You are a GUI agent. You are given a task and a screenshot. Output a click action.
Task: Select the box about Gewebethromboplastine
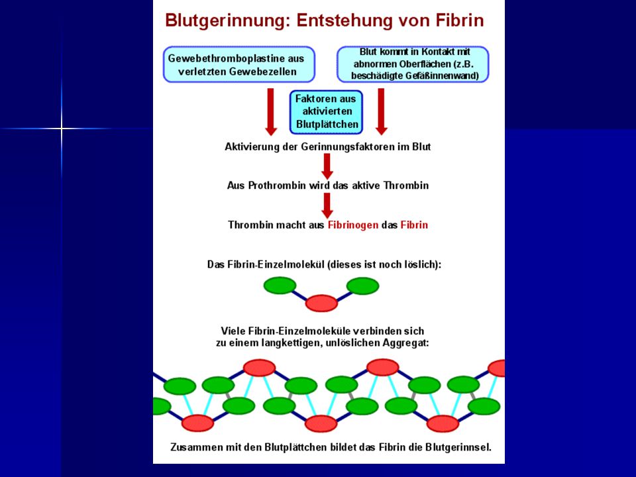coord(239,64)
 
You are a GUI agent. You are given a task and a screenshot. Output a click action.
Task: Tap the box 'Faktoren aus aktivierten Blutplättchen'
coord(326,111)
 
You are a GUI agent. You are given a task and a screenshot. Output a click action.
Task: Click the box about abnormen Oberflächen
coord(413,64)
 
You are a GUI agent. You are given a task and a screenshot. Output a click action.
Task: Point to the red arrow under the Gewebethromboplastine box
coord(271,111)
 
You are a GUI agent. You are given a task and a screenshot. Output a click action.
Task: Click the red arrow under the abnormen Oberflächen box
coord(382,111)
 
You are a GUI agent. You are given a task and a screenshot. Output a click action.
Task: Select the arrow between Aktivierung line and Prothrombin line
coord(327,166)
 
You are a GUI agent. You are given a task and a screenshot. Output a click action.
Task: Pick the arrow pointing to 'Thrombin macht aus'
coord(327,205)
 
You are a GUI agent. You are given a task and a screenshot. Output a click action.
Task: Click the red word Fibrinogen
coord(353,225)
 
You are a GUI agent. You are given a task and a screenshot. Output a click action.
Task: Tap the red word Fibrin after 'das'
coord(414,225)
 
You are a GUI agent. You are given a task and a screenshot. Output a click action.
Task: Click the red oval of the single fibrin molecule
coord(321,303)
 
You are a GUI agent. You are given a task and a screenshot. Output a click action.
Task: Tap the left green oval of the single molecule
coord(280,285)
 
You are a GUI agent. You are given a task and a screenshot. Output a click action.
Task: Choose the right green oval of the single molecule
coord(362,286)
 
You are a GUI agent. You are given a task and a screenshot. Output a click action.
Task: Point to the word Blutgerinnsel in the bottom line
coord(458,447)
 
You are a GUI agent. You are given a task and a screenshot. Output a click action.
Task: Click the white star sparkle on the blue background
coord(61,129)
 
